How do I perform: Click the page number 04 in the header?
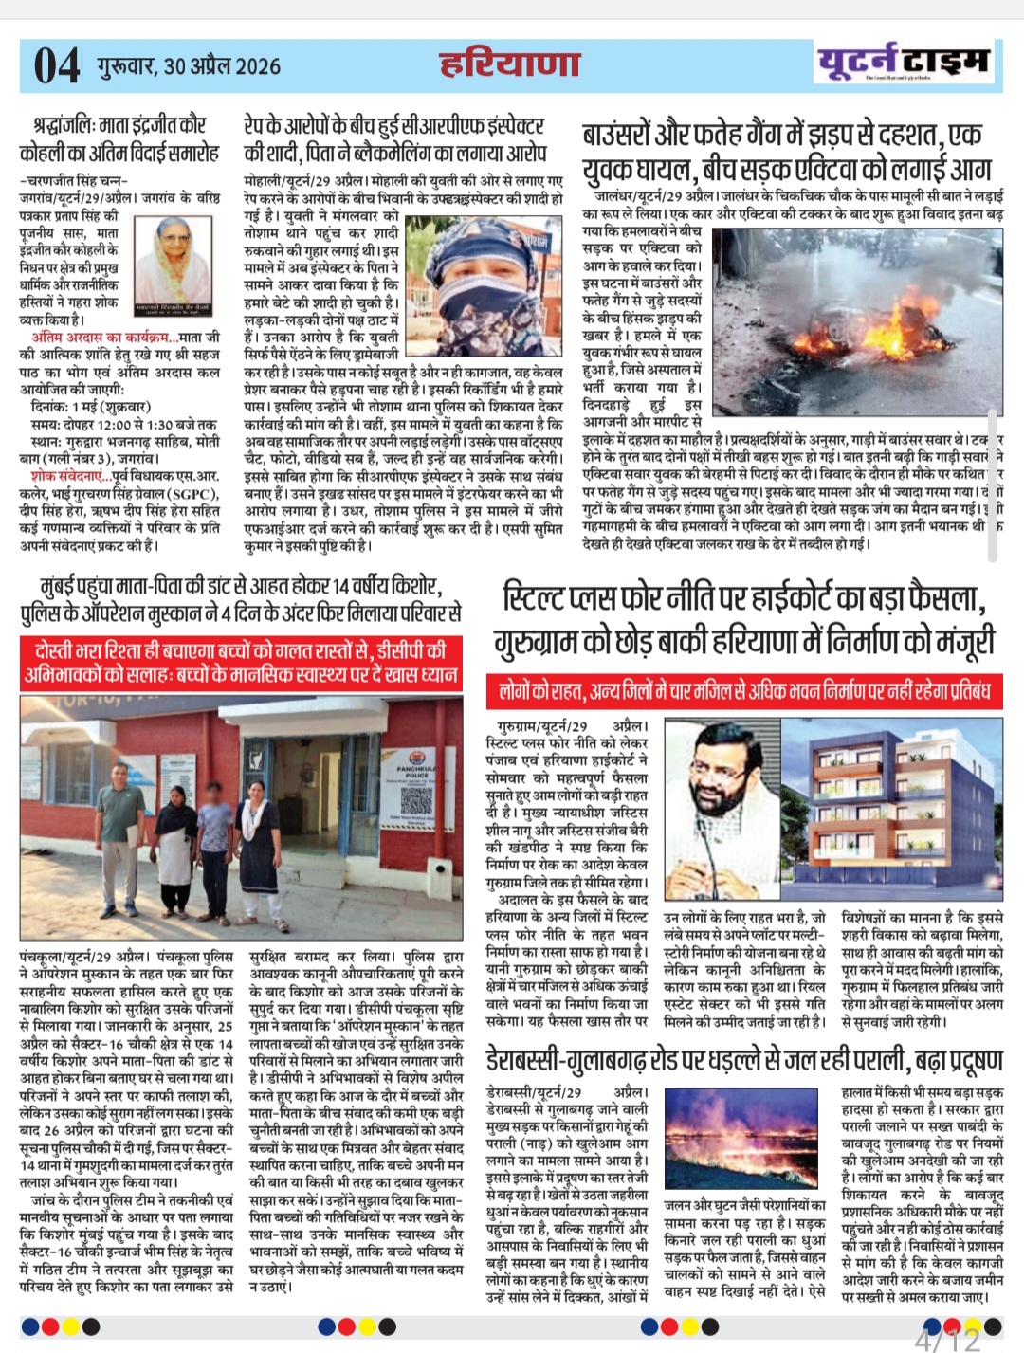coord(56,65)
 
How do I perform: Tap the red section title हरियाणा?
coord(509,64)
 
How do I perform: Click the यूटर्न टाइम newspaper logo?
coord(905,63)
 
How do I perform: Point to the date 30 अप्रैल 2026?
coord(222,65)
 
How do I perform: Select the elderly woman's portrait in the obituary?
coord(173,257)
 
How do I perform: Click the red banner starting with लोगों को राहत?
coord(744,691)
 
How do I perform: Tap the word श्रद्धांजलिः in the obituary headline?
coord(65,124)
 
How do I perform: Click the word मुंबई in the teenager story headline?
coord(62,584)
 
